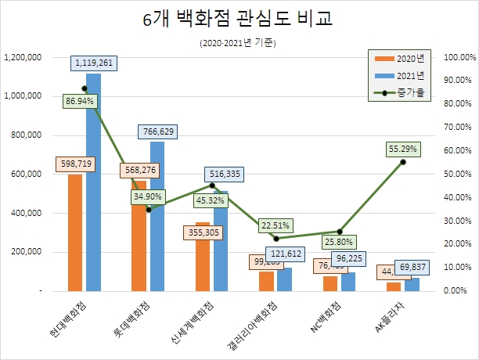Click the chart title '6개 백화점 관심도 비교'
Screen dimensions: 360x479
[x=239, y=20]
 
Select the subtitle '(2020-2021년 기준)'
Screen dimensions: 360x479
[x=239, y=43]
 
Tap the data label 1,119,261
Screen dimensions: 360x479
[x=95, y=63]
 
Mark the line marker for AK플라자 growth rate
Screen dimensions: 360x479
[x=403, y=162]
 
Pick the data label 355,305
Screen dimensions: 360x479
[x=203, y=232]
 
